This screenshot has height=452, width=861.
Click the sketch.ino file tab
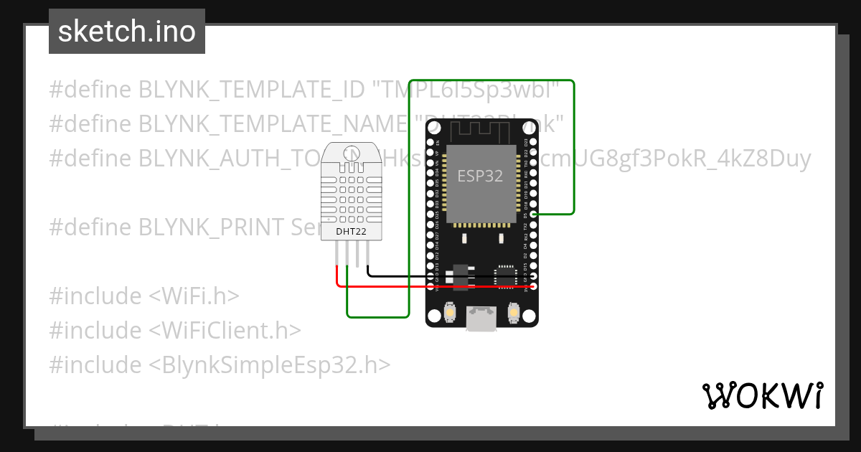pyautogui.click(x=127, y=32)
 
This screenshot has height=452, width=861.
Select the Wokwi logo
pyautogui.click(x=762, y=395)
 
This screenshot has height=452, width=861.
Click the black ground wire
pyautogui.click(x=402, y=276)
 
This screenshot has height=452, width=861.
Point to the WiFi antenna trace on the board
pyautogui.click(x=480, y=130)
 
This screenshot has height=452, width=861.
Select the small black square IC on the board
pyautogui.click(x=507, y=275)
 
